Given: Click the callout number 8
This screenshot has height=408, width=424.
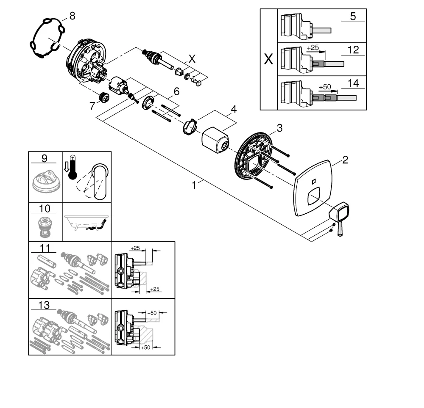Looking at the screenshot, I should pyautogui.click(x=72, y=17).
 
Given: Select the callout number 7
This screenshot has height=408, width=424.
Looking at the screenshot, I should pyautogui.click(x=92, y=106).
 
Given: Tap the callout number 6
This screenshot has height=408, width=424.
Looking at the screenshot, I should pyautogui.click(x=176, y=91).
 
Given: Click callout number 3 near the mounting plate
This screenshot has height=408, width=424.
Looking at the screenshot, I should pyautogui.click(x=279, y=128).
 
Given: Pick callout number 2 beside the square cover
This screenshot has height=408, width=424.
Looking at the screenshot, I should pyautogui.click(x=345, y=160).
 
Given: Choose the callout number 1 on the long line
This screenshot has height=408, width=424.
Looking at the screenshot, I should pyautogui.click(x=194, y=185).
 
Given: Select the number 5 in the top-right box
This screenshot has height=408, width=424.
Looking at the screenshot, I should pyautogui.click(x=353, y=17).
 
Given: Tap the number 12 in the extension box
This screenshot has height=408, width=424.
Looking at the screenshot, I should pyautogui.click(x=353, y=50).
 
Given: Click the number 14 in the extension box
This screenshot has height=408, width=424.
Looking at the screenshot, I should pyautogui.click(x=353, y=83).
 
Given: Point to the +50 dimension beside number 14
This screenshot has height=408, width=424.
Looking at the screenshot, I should pyautogui.click(x=324, y=87).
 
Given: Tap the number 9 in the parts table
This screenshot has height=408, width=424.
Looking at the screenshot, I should pyautogui.click(x=45, y=159).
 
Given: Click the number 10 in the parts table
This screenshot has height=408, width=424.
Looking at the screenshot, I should pyautogui.click(x=45, y=208).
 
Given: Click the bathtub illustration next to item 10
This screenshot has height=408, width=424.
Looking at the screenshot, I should pyautogui.click(x=87, y=223).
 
